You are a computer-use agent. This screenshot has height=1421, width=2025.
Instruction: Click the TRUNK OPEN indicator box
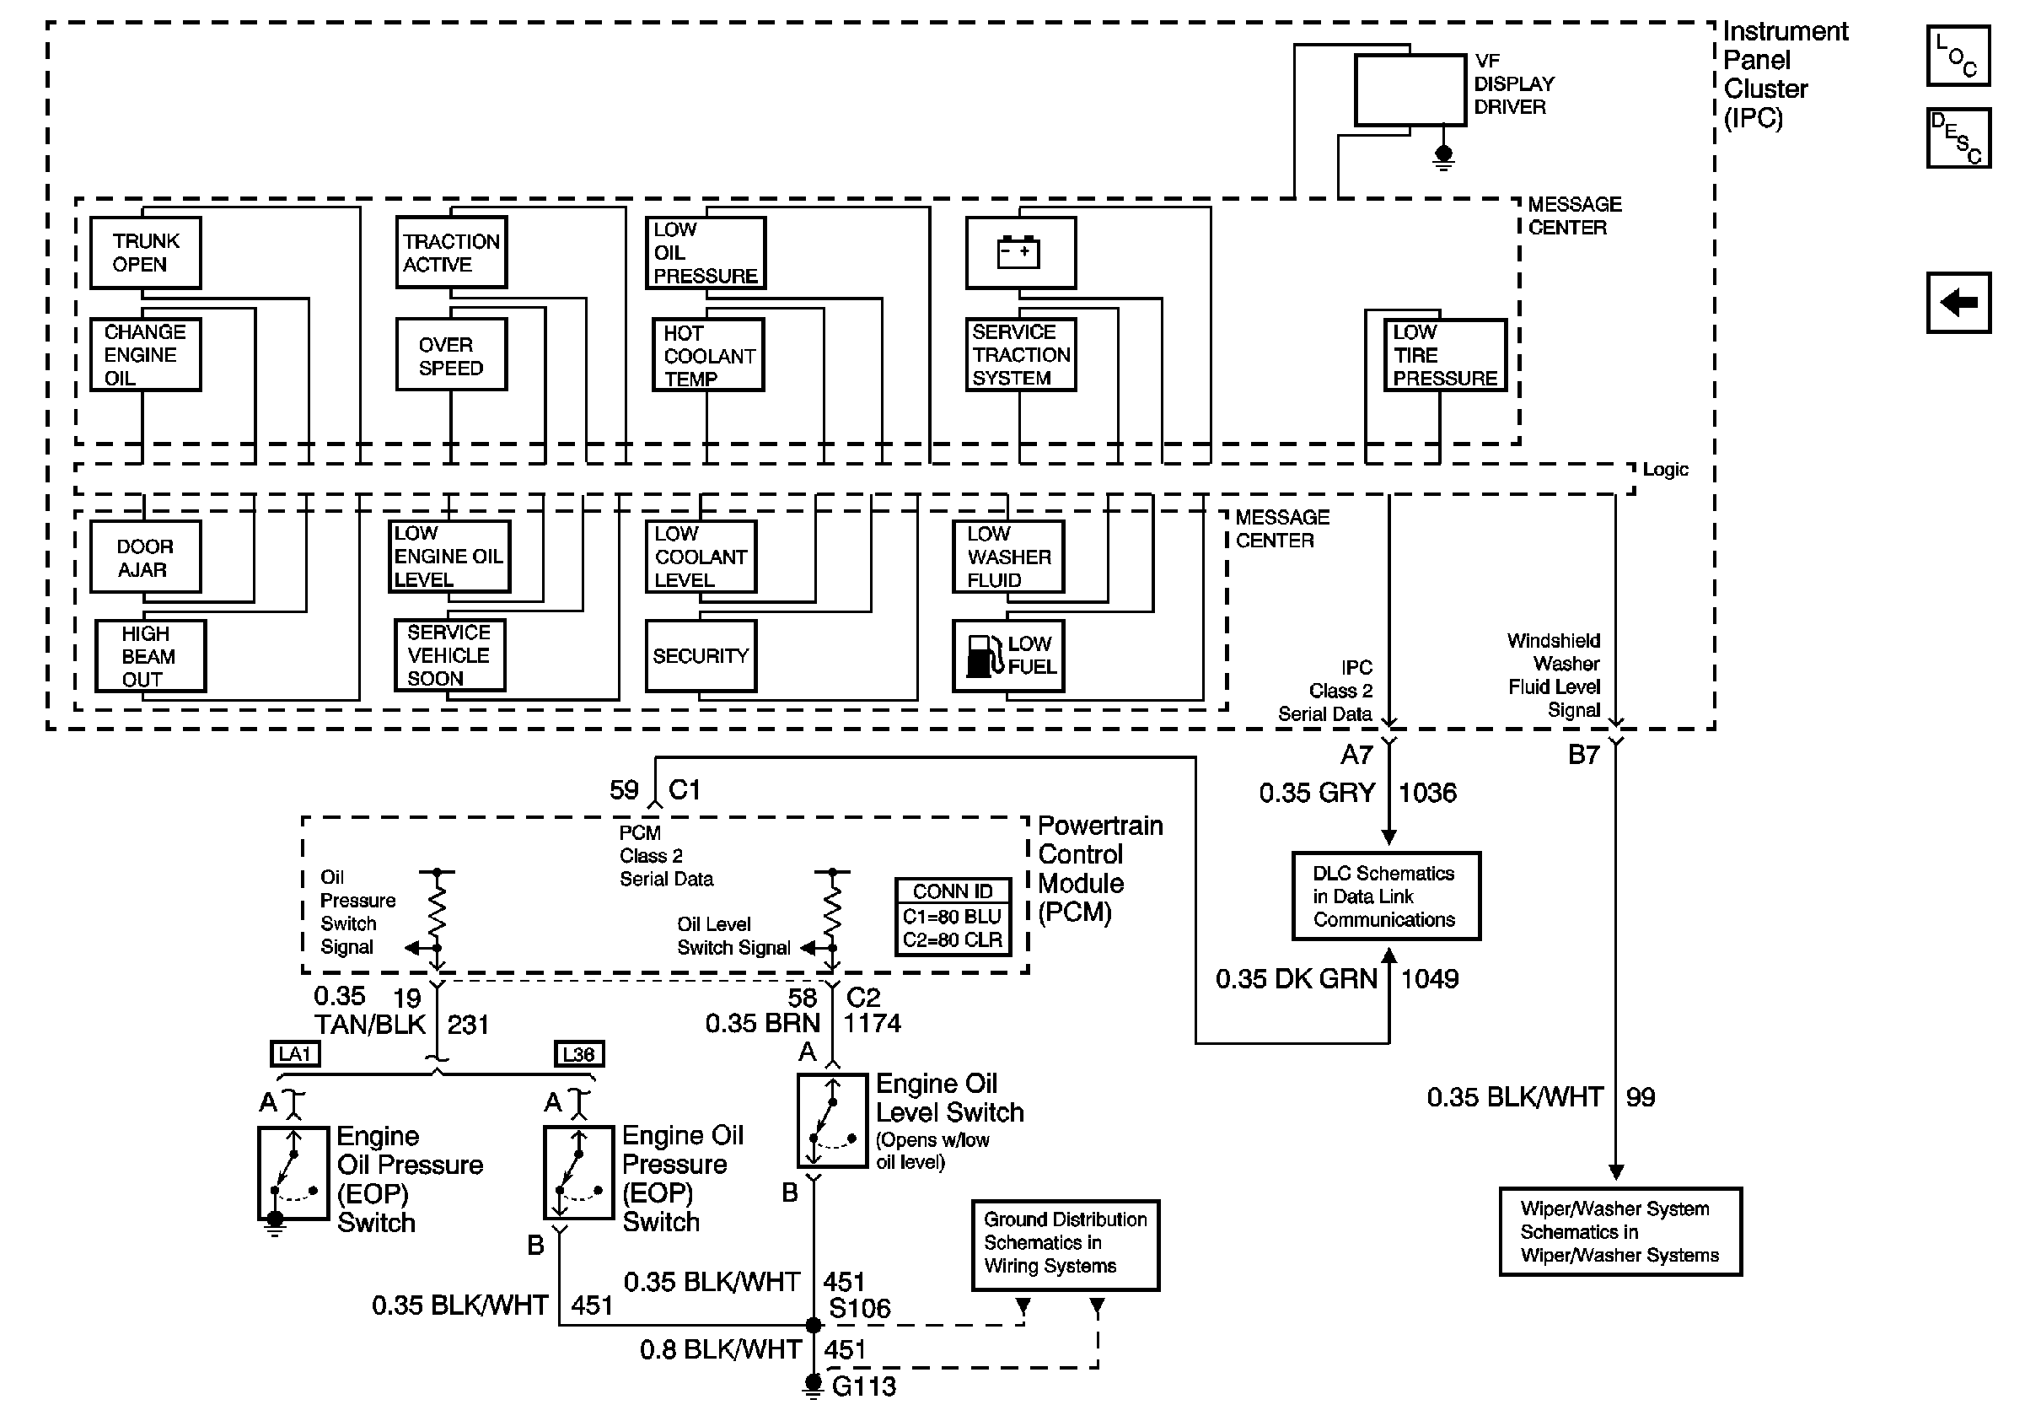tap(146, 252)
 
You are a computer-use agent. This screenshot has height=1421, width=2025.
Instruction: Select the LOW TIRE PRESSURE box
tap(1445, 354)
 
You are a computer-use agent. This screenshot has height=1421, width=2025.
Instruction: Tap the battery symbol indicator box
tap(1020, 252)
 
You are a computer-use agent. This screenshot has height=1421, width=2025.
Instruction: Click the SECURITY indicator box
tap(701, 655)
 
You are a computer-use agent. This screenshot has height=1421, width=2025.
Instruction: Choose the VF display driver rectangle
tap(1410, 90)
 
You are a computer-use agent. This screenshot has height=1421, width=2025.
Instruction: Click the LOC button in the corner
tap(1958, 56)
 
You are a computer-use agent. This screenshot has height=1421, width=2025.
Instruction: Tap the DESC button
tap(1958, 137)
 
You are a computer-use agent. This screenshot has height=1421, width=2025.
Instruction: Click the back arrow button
tap(1958, 303)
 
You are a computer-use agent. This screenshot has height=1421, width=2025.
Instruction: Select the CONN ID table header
tap(953, 891)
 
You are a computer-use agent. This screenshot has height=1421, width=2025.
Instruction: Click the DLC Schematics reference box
tap(1386, 896)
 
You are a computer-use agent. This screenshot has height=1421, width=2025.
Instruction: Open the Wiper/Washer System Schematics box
tap(1620, 1231)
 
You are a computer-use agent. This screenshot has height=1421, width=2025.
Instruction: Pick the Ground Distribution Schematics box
tap(1065, 1245)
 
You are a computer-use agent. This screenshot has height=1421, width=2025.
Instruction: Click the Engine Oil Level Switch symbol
tap(832, 1120)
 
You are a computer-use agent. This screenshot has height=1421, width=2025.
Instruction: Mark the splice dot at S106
tap(814, 1325)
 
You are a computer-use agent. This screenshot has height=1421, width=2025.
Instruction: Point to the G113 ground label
tap(863, 1386)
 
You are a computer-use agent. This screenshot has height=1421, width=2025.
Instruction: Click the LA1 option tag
tap(294, 1054)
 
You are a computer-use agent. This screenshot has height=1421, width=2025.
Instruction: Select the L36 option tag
tap(578, 1054)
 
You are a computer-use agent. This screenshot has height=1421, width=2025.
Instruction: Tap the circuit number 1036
tap(1427, 793)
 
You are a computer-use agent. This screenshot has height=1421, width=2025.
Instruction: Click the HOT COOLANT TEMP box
tap(708, 354)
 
